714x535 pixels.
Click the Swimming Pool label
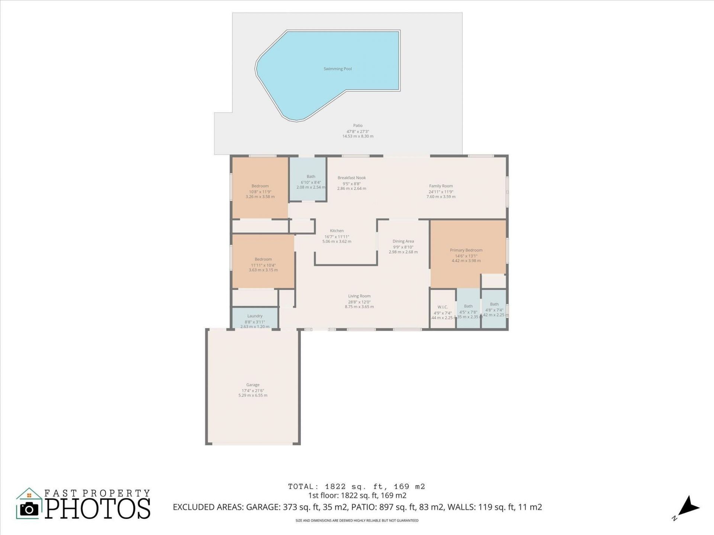tap(337, 69)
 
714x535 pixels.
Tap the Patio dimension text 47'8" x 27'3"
tap(357, 132)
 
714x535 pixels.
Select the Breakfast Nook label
tap(351, 178)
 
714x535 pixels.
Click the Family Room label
tap(441, 186)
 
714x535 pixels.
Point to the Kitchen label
tap(337, 231)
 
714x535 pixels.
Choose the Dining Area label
tap(403, 241)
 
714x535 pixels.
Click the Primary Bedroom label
tap(466, 250)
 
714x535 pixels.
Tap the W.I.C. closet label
tap(443, 307)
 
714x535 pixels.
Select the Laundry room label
tap(255, 316)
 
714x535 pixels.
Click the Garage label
tap(253, 385)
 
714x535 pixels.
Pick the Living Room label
tap(359, 296)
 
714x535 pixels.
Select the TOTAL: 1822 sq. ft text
tap(356, 486)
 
